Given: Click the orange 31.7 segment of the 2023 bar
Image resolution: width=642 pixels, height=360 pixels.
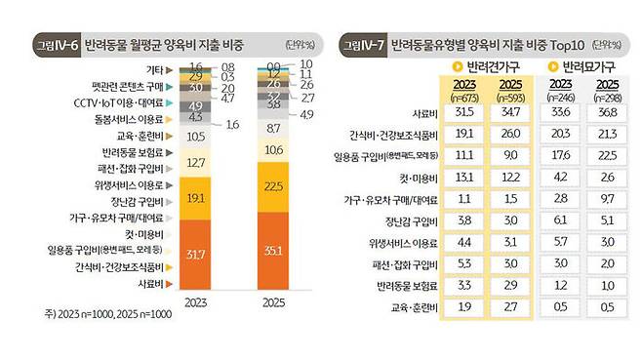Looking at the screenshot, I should click(x=195, y=256).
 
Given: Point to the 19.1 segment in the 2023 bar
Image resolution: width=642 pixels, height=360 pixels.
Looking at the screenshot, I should click(x=195, y=197).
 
